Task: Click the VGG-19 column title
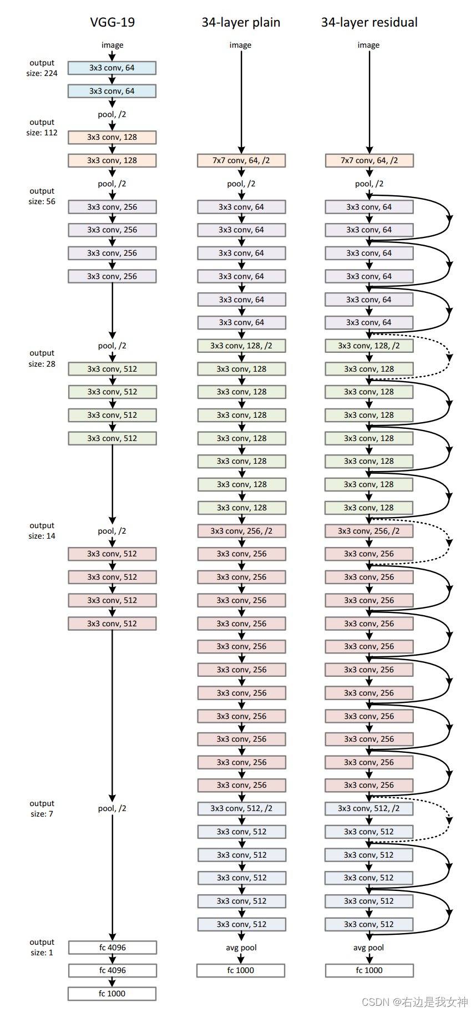pyautogui.click(x=112, y=22)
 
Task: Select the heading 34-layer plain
pyautogui.click(x=241, y=22)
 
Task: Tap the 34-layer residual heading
pyautogui.click(x=369, y=22)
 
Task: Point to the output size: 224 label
pyautogui.click(x=42, y=68)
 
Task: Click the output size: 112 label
pyautogui.click(x=42, y=128)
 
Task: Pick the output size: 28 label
pyautogui.click(x=42, y=358)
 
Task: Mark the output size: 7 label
pyautogui.click(x=42, y=809)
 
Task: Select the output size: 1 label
pyautogui.click(x=42, y=948)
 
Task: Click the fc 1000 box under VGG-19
pyautogui.click(x=112, y=994)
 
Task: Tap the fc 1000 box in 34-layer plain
pyautogui.click(x=241, y=970)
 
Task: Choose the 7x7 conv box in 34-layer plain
pyautogui.click(x=241, y=160)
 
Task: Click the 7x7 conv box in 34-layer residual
pyautogui.click(x=369, y=160)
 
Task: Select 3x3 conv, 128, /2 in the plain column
pyautogui.click(x=241, y=346)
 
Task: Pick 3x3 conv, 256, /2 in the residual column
pyautogui.click(x=369, y=531)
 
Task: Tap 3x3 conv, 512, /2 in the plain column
pyautogui.click(x=241, y=808)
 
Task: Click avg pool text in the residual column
pyautogui.click(x=369, y=948)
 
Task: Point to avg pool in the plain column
pyautogui.click(x=241, y=948)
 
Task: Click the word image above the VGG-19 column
pyautogui.click(x=112, y=45)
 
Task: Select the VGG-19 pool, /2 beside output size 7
pyautogui.click(x=112, y=808)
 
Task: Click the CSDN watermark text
pyautogui.click(x=414, y=1002)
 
